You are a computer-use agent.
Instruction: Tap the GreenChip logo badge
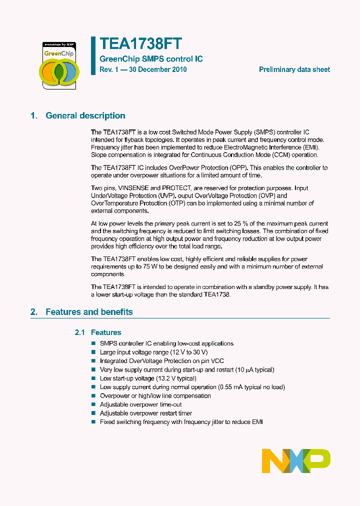click(x=59, y=65)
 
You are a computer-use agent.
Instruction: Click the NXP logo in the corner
click(x=296, y=460)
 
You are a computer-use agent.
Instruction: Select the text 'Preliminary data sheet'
click(x=294, y=69)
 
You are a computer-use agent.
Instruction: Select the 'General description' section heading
click(x=85, y=115)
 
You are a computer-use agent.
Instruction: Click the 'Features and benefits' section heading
click(x=89, y=312)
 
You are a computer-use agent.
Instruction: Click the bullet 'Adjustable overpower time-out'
click(x=140, y=404)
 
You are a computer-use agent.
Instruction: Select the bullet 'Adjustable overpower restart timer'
click(x=145, y=413)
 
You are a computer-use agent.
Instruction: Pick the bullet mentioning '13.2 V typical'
click(x=148, y=378)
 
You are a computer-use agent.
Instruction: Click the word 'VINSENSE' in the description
click(x=133, y=188)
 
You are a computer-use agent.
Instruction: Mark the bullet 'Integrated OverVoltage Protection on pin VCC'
click(x=161, y=361)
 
